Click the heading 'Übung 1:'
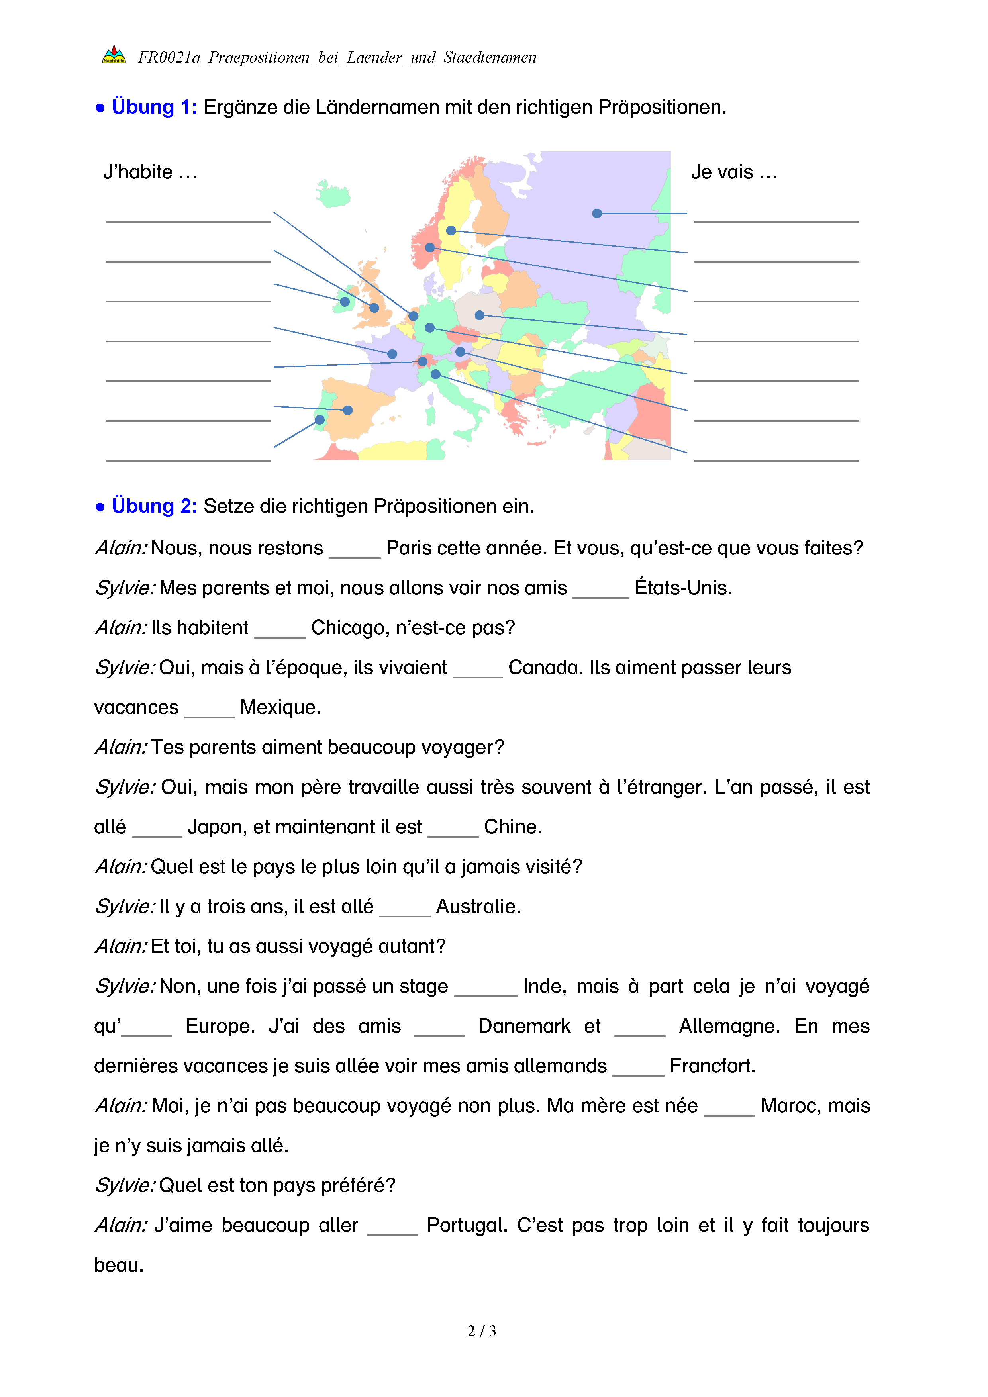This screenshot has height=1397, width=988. coord(154,107)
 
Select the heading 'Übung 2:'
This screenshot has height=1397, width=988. coord(154,506)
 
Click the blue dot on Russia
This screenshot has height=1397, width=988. coord(597,214)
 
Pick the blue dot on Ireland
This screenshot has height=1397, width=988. coord(345,302)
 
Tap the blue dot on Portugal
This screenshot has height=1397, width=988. coord(320,420)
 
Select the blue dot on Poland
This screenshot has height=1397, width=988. coord(479,315)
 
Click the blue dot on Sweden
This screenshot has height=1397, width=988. coord(451,231)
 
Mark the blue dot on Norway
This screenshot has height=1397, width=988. coord(429,248)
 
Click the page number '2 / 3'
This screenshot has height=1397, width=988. coord(481,1331)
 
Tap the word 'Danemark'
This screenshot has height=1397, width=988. coord(524,1027)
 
